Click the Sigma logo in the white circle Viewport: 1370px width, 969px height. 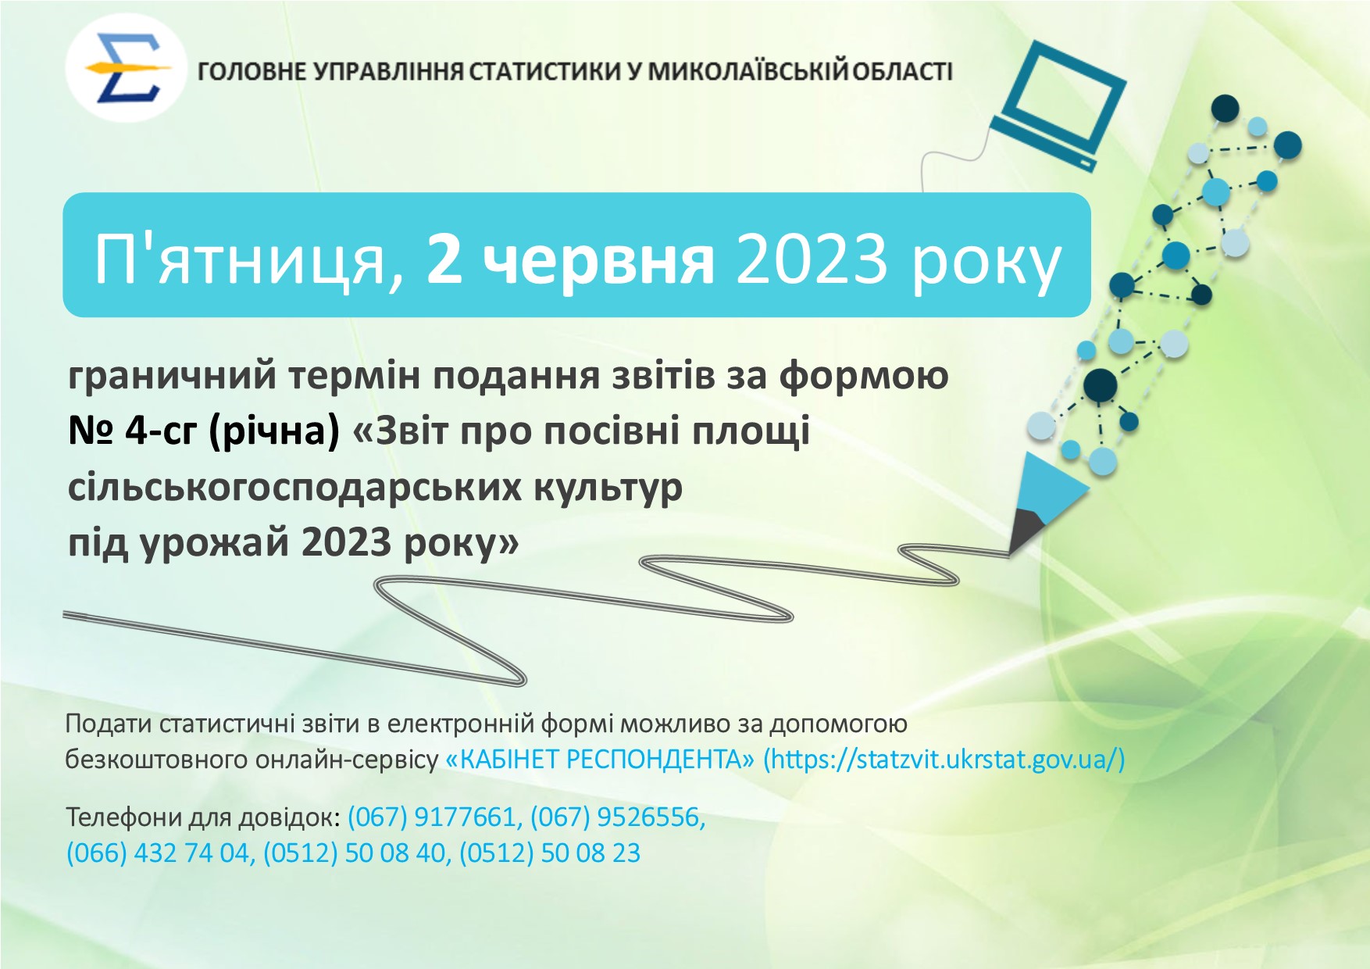(x=127, y=68)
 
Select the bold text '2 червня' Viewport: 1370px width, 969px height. (x=570, y=259)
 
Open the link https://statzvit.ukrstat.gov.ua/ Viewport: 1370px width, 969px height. (x=944, y=760)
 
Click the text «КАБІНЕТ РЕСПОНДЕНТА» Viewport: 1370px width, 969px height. (x=600, y=760)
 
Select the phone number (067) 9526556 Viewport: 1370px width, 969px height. (x=618, y=817)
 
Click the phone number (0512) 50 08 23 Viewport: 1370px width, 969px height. (x=550, y=853)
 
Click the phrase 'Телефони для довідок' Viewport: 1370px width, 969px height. (x=202, y=817)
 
